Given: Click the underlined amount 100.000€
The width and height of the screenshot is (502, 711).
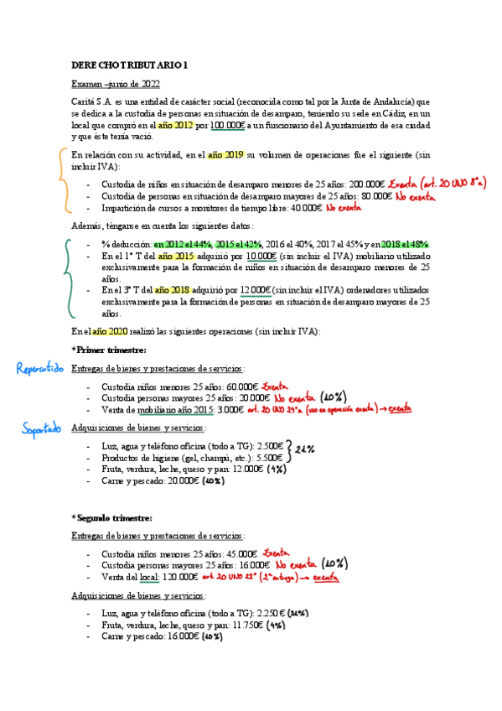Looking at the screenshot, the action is [x=227, y=125].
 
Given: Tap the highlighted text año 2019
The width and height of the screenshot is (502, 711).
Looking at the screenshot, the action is [x=225, y=154].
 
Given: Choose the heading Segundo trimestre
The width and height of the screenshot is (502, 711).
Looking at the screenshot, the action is [x=112, y=518].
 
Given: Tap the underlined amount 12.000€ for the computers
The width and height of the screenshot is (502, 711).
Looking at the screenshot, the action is [x=255, y=290].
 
